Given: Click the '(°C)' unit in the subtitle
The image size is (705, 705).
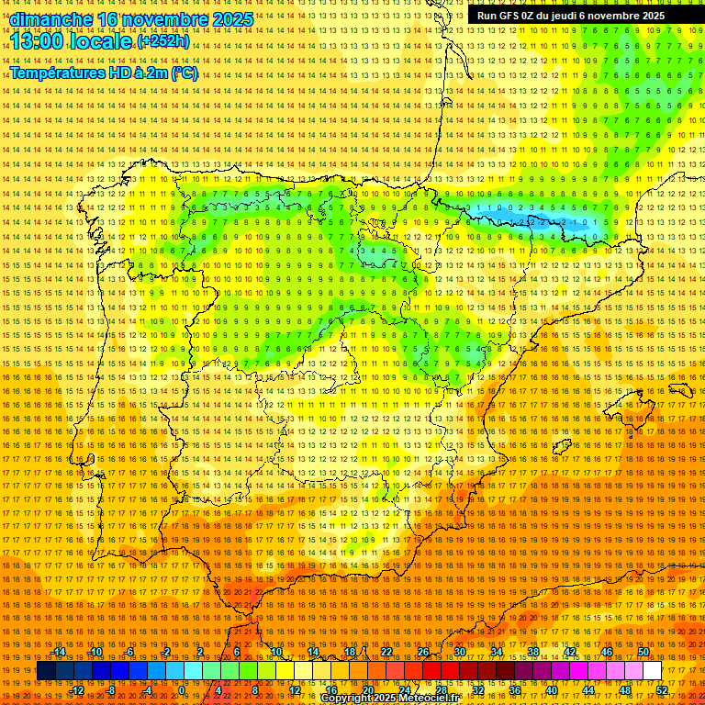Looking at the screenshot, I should click(184, 73).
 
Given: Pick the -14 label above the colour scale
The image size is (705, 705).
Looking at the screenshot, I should click(59, 652).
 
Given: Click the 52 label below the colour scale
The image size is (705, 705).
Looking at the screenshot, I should click(662, 690).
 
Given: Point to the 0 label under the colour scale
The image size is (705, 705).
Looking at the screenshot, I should click(183, 690).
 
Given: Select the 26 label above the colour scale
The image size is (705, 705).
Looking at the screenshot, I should click(423, 652).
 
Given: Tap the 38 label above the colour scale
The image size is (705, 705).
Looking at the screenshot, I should click(533, 652).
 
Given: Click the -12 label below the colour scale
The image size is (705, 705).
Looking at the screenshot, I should click(77, 690).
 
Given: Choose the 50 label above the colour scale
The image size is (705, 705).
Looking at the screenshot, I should click(643, 652).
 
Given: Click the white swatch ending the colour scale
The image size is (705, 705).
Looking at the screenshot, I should click(653, 671).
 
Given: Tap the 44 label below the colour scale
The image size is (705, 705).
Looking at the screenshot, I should click(588, 690).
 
